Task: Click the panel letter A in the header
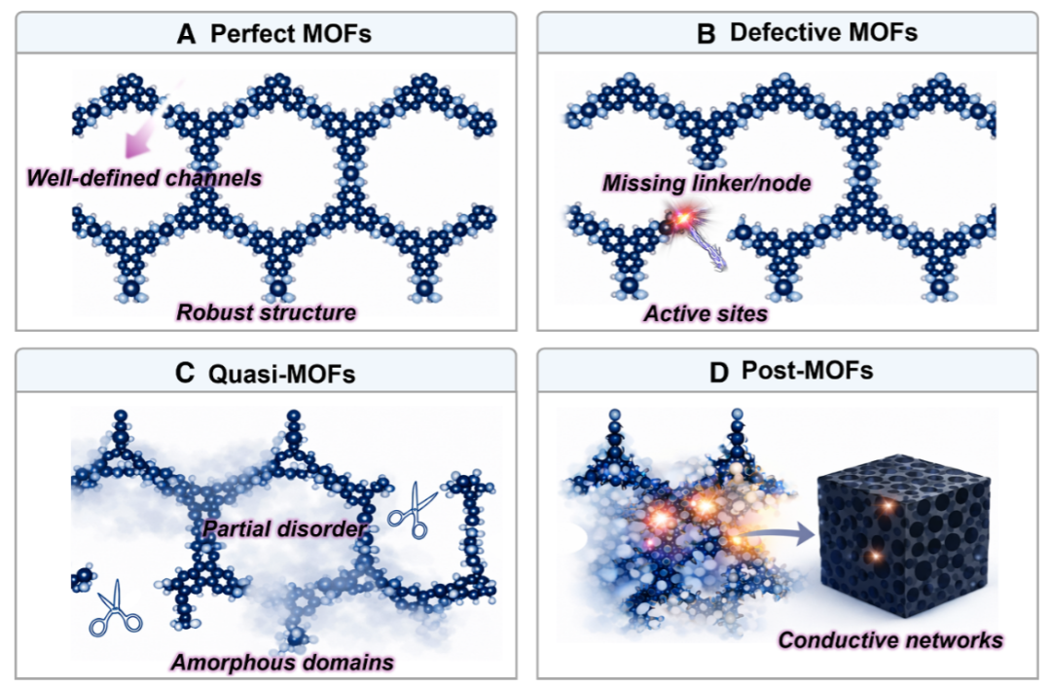point(186,33)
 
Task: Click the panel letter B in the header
point(706,33)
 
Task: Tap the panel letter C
point(184,373)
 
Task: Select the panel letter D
point(718,373)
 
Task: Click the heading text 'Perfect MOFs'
point(290,33)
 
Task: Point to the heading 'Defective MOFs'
point(823,32)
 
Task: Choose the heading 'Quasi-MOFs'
point(281,374)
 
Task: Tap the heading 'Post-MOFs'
point(807,371)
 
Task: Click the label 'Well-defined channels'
point(144,178)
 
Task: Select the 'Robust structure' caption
point(266,312)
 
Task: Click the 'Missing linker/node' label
point(707,183)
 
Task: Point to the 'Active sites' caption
point(706,313)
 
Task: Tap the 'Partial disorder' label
point(284,529)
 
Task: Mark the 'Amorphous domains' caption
point(282,663)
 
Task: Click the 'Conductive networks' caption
point(890,639)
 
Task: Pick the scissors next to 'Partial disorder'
point(411,511)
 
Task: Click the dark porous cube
point(905,540)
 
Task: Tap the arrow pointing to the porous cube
point(779,534)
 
